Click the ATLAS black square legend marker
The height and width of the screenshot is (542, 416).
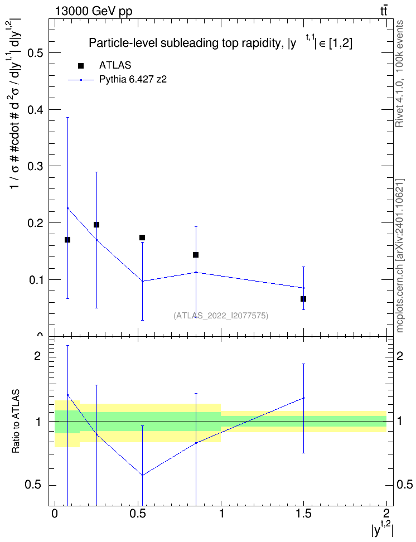81,66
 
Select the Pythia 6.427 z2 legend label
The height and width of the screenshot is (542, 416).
133,80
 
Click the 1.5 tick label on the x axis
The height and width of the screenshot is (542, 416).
303,513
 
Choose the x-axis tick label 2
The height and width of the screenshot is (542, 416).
386,513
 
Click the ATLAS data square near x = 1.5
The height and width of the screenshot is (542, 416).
303,299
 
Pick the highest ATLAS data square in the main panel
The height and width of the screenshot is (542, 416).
96,225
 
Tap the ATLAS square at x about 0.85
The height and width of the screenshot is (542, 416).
196,255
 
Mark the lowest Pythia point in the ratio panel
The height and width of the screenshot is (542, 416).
142,475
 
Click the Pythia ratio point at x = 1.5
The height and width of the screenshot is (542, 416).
303,398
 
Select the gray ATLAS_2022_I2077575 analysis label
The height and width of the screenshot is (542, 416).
221,315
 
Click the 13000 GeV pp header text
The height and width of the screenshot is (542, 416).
93,11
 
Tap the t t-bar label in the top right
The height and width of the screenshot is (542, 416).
384,11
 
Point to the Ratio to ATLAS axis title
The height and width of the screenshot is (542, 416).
16,421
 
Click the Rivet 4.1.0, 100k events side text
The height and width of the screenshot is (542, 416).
399,74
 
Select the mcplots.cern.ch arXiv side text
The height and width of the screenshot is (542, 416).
400,256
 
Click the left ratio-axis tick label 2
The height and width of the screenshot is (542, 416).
37,356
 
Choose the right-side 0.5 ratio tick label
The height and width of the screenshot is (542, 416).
405,485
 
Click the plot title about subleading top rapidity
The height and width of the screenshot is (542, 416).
221,43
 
